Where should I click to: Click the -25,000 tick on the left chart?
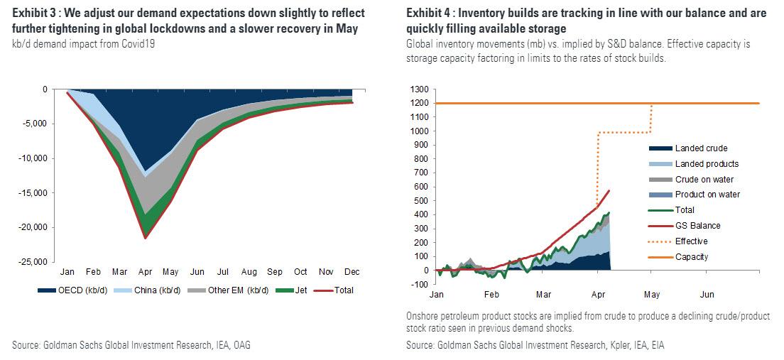click(x=34, y=262)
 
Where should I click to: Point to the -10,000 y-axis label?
click(x=34, y=158)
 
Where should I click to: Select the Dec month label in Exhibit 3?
click(x=352, y=273)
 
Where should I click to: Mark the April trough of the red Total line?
click(x=146, y=237)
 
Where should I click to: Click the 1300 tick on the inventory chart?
click(x=419, y=89)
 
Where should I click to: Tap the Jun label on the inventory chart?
click(x=707, y=294)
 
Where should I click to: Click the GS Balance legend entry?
click(x=697, y=226)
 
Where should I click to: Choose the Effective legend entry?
click(x=691, y=241)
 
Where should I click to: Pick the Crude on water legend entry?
click(x=705, y=179)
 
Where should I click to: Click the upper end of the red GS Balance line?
click(x=609, y=190)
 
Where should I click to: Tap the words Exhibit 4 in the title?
click(x=429, y=13)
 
